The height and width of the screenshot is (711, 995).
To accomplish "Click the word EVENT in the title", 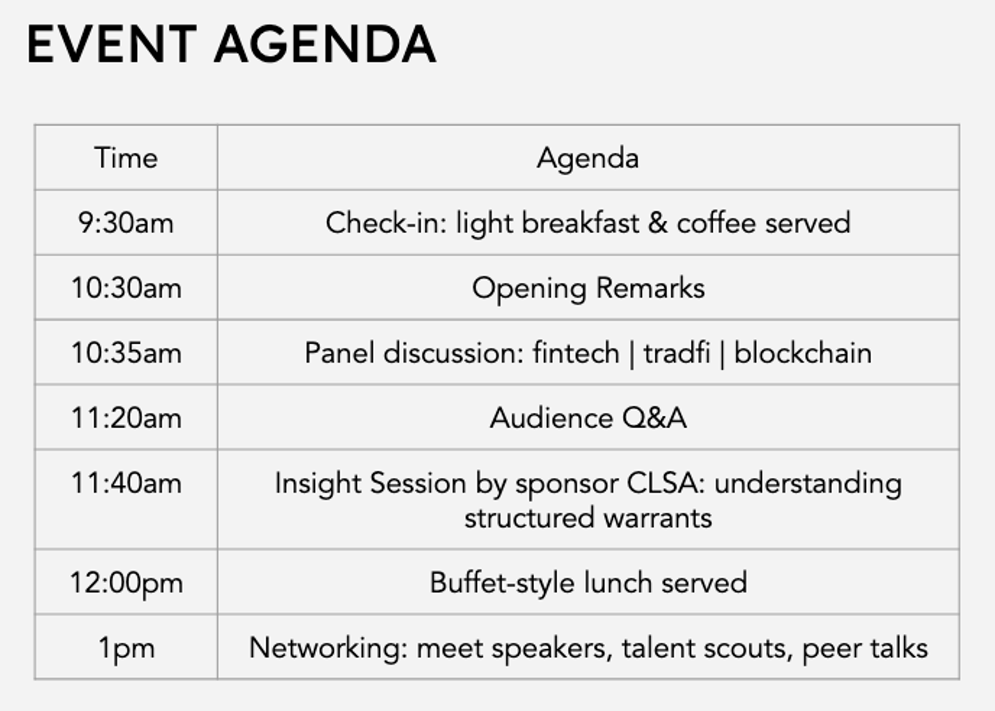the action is point(111,44).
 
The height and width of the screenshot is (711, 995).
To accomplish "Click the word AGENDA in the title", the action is point(325,44).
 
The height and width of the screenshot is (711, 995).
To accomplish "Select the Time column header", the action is point(126,158).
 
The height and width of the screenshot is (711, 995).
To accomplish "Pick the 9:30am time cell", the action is point(126,222).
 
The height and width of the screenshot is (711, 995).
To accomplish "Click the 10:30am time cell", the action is point(126,288).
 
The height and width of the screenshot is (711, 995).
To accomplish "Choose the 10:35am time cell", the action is point(126,353).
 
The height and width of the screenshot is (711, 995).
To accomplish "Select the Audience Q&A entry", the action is point(588,418).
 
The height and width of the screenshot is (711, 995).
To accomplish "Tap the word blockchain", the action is point(802,353).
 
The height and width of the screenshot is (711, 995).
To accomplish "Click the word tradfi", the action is point(677,353).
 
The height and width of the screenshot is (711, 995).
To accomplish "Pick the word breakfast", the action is point(580,222).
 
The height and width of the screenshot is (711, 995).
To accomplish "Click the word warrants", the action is point(658,518).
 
